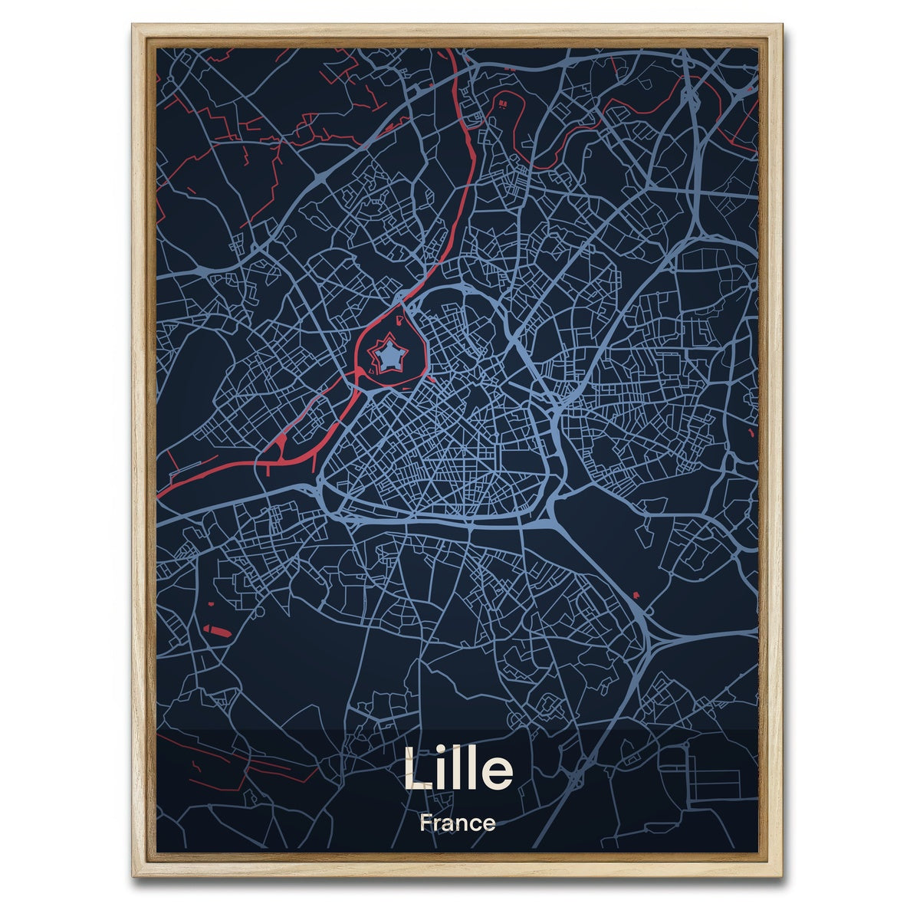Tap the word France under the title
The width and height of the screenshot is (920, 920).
click(457, 824)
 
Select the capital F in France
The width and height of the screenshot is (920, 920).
click(425, 824)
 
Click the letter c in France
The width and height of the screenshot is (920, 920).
click(478, 826)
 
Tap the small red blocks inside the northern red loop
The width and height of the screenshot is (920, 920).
click(504, 101)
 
